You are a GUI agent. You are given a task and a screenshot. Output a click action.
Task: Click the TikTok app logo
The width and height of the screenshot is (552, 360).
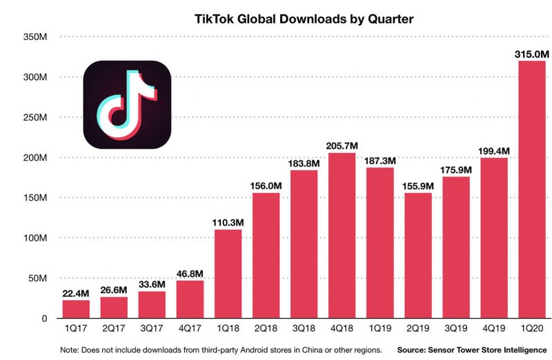tap(127, 105)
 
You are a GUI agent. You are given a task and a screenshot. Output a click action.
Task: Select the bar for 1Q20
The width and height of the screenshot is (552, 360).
tap(532, 190)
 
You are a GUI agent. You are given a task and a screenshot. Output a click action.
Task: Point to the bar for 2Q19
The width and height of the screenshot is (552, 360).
tap(418, 256)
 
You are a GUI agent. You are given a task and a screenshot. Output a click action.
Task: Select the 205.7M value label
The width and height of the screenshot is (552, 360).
tap(342, 145)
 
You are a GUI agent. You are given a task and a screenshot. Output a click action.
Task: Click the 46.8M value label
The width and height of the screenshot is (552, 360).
tap(190, 273)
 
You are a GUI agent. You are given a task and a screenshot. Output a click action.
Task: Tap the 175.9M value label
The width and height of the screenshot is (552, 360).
tap(456, 169)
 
